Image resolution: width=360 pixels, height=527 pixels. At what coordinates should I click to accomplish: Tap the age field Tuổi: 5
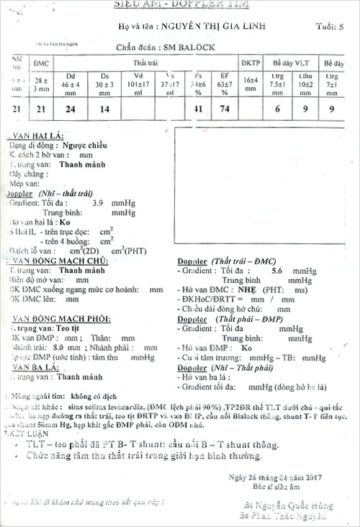click(330, 27)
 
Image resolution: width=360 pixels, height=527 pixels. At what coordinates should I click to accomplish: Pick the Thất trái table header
click(145, 63)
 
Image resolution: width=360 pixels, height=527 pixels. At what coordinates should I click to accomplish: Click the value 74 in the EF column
click(225, 109)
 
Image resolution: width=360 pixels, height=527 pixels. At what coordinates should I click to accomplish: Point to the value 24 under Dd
click(71, 109)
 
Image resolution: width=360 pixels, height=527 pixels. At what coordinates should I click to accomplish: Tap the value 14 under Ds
click(105, 109)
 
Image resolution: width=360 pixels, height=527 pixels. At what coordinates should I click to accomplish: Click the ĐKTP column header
click(251, 63)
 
